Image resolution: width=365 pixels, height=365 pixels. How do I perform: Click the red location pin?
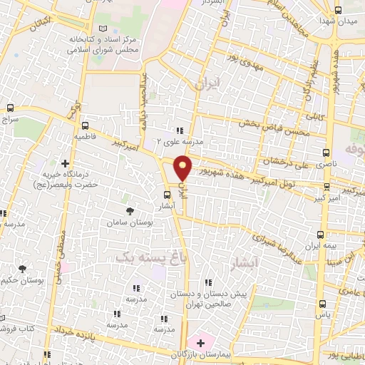pyautogui.click(x=183, y=167)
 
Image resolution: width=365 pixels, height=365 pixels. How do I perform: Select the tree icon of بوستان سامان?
pyautogui.click(x=129, y=211)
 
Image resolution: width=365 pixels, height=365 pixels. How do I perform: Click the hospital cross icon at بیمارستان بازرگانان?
pyautogui.click(x=200, y=343)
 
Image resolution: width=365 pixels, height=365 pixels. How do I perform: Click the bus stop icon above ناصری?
pyautogui.click(x=327, y=153)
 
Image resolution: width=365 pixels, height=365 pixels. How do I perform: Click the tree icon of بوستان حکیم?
pyautogui.click(x=23, y=269)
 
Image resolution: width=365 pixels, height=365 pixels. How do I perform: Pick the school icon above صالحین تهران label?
pyautogui.click(x=207, y=282)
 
